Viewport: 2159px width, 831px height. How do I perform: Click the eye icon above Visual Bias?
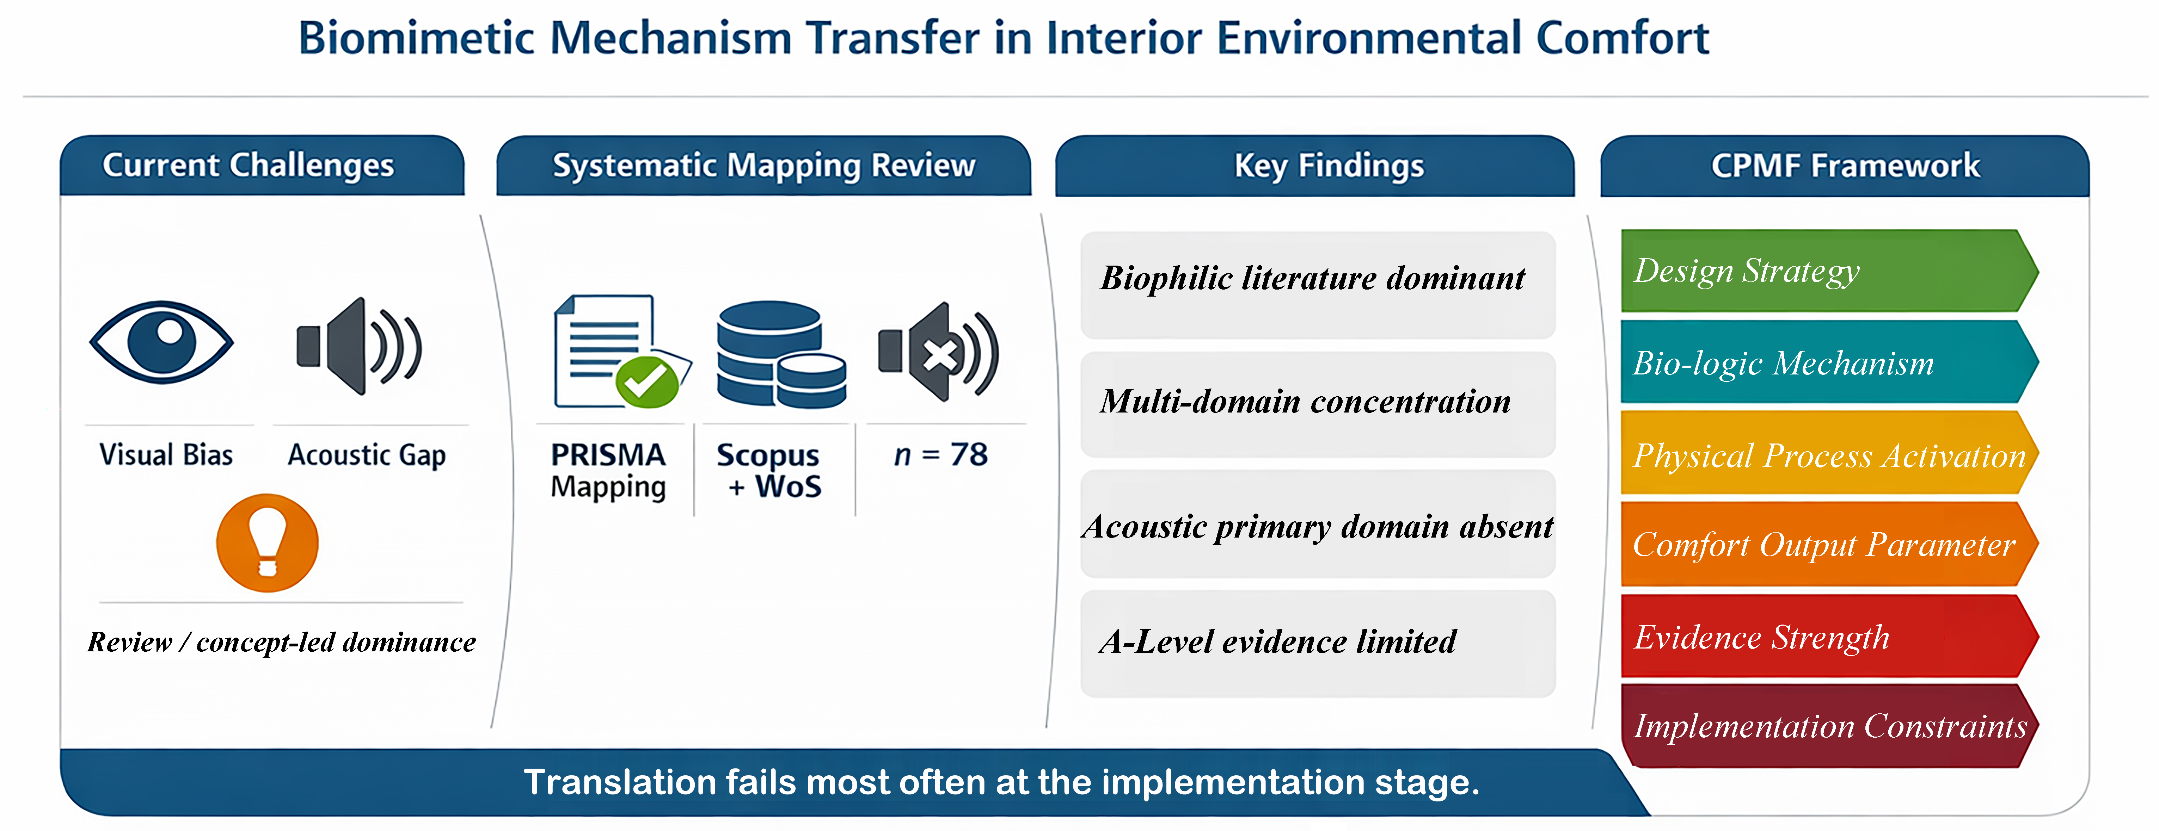coord(162,342)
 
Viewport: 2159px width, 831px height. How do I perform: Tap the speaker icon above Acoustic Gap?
coord(359,346)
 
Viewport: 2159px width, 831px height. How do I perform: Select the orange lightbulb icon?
coord(267,543)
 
